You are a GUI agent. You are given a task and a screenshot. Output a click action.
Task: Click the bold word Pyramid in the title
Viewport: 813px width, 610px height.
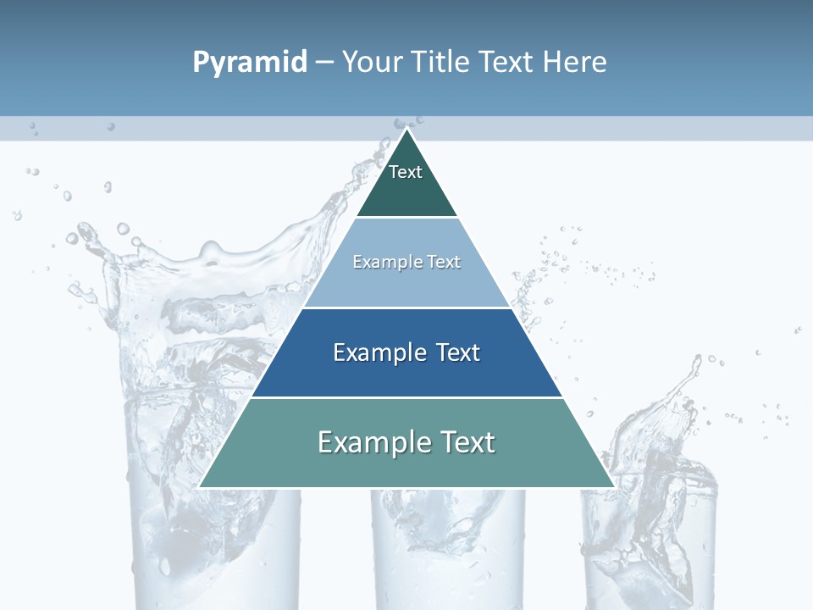coord(249,63)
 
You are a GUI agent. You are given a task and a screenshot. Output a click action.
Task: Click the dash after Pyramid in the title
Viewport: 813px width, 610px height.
coord(324,63)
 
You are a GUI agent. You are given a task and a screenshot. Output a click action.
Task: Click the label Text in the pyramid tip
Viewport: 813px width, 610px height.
coord(406,172)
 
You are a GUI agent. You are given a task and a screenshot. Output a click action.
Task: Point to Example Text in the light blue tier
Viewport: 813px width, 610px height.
coord(406,262)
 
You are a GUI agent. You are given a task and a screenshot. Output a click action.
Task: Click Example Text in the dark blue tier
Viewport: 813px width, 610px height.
coord(406,352)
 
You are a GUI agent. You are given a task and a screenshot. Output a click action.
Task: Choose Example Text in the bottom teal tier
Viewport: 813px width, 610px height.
coord(406,442)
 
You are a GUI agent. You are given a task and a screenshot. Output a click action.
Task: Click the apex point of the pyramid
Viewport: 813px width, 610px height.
coord(406,130)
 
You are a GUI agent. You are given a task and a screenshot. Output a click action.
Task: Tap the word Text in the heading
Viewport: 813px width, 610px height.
coord(508,63)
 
